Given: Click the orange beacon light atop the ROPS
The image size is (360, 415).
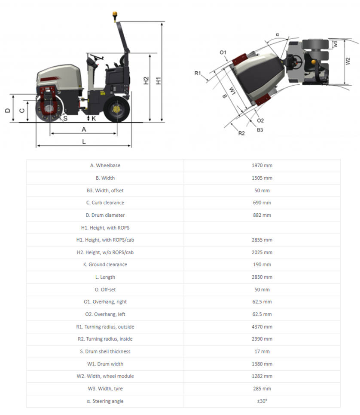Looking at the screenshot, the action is click(x=115, y=16).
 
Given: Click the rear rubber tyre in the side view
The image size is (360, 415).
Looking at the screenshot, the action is click(x=116, y=110).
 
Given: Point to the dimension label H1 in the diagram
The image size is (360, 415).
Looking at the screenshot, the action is click(x=158, y=80).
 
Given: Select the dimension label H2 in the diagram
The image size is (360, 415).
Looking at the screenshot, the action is click(x=146, y=80).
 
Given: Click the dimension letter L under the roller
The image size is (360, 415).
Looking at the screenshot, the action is click(x=84, y=141).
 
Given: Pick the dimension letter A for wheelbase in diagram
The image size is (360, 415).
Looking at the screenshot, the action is click(x=84, y=129).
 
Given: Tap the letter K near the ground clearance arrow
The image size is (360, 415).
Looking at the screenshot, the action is click(x=93, y=118).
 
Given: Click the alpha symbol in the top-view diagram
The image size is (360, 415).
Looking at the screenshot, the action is click(x=278, y=34).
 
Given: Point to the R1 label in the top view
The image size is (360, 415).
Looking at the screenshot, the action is click(x=198, y=74).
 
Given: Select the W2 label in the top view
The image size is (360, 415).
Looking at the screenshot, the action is click(x=348, y=61).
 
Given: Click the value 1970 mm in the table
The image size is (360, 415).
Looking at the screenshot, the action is click(x=262, y=166).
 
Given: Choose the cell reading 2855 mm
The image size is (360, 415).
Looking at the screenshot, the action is click(x=262, y=240).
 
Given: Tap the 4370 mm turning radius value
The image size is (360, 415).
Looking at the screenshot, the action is click(x=262, y=327).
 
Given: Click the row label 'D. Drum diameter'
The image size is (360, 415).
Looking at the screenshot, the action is click(x=105, y=215).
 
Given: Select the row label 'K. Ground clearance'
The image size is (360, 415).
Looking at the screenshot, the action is click(x=105, y=264).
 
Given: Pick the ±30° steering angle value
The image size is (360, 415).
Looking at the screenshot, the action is click(x=262, y=401).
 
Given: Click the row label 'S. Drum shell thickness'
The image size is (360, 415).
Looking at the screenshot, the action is click(x=105, y=351).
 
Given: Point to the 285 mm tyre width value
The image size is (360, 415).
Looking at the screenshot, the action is click(x=262, y=389).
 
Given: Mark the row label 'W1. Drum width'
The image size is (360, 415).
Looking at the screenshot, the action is click(x=105, y=364).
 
